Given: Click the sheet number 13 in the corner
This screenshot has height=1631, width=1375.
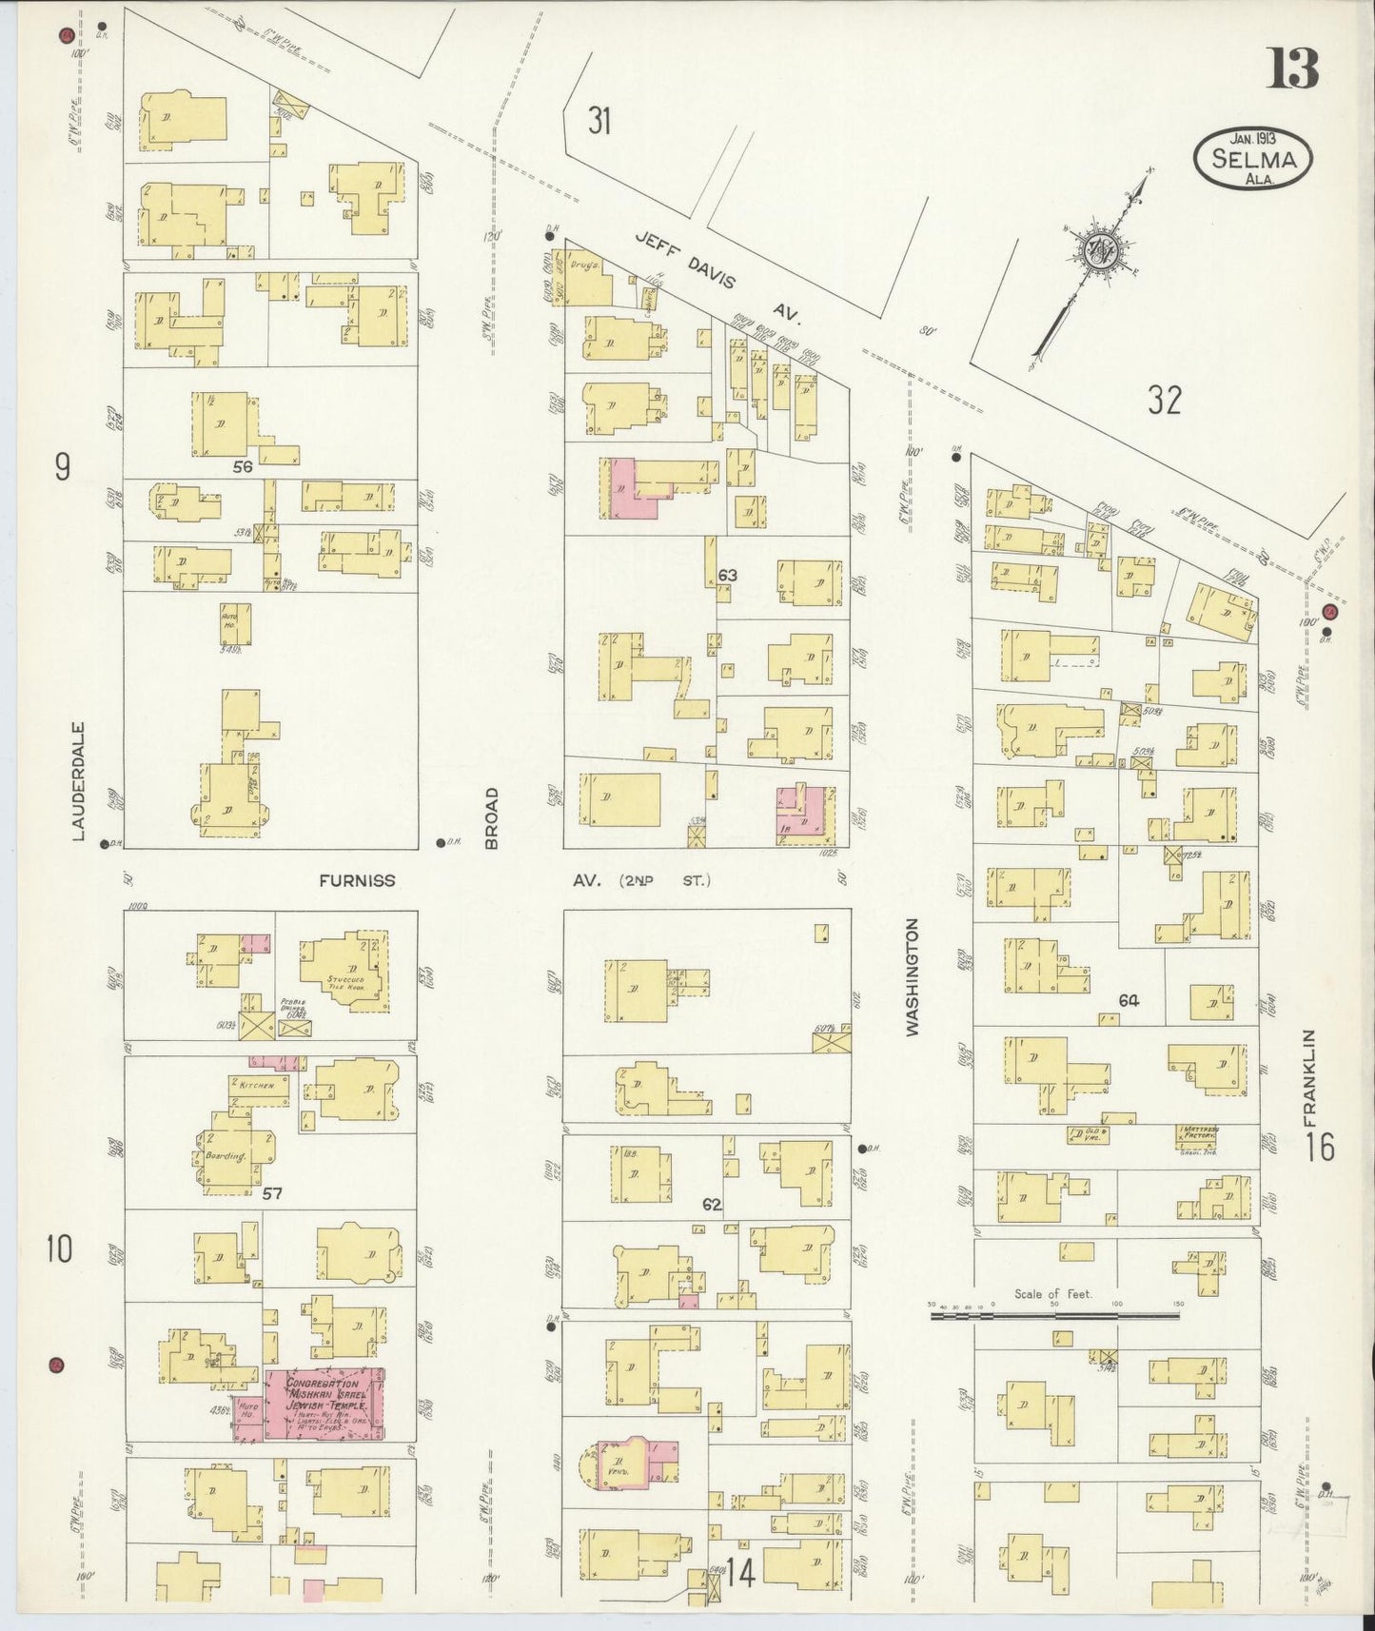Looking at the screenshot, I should coord(1291,68).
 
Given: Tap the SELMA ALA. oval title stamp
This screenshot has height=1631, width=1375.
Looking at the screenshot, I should coord(1253,160).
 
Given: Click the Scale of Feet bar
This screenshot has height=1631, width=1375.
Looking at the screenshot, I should coord(1054,1316).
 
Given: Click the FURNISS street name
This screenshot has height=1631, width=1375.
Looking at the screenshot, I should coord(357,881).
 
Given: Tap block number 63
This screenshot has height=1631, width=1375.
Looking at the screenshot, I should coord(728,575).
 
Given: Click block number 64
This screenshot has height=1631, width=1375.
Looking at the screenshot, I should coord(1129,1000).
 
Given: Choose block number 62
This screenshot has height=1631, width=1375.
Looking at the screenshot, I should coord(712,1204).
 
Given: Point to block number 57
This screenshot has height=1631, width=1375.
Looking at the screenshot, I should coord(272,1192).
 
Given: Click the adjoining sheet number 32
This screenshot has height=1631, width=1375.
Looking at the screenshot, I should coord(1164,401).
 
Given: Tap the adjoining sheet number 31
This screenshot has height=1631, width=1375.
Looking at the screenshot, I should coord(599,121).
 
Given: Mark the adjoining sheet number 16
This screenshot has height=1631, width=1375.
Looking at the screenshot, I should coord(1320,1147).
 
